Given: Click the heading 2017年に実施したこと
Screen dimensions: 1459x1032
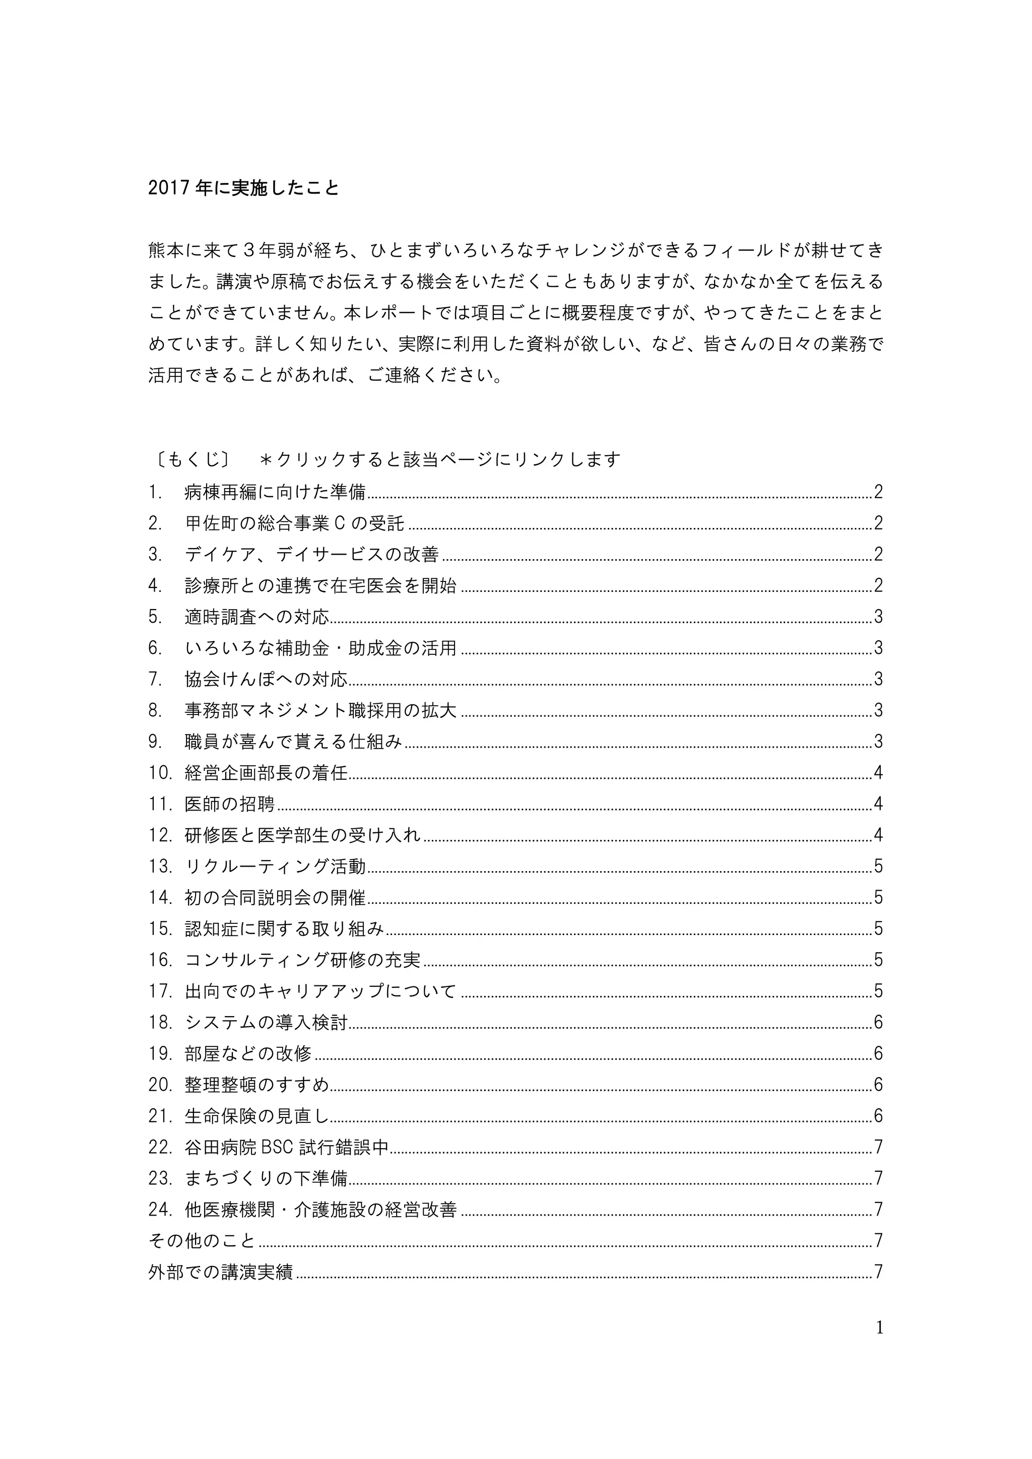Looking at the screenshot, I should (x=243, y=189).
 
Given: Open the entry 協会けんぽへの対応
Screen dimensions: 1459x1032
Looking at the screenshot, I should (x=266, y=679).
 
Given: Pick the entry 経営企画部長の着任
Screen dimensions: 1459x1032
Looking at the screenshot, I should (x=266, y=773).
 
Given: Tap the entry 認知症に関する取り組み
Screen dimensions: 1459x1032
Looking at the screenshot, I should (x=284, y=929).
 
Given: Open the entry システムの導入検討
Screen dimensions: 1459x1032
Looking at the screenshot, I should (x=266, y=1022).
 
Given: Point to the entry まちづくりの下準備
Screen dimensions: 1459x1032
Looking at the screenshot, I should (x=266, y=1178).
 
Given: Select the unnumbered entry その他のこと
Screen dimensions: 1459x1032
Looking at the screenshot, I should (x=202, y=1240).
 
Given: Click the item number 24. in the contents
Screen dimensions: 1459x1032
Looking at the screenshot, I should (x=160, y=1209).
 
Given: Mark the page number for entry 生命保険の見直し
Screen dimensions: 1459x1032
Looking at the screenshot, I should (x=878, y=1116).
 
